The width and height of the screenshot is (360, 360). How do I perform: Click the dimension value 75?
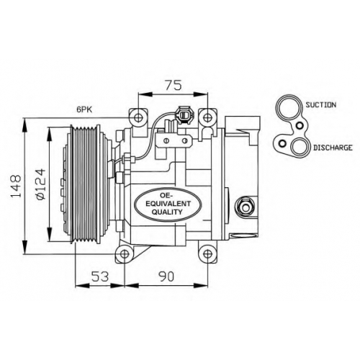(x=174, y=85)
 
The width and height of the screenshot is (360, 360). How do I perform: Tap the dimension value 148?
(x=16, y=186)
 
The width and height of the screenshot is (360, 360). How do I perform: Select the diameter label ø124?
(x=40, y=184)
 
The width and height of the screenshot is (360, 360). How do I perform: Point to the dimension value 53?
(x=99, y=276)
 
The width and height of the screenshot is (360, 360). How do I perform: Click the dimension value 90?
(x=166, y=276)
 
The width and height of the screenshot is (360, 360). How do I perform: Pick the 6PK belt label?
(x=84, y=109)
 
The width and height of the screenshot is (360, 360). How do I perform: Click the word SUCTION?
(x=320, y=104)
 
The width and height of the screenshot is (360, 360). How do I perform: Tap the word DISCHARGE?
(x=333, y=148)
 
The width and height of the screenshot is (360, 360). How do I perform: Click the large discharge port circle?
(x=291, y=148)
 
